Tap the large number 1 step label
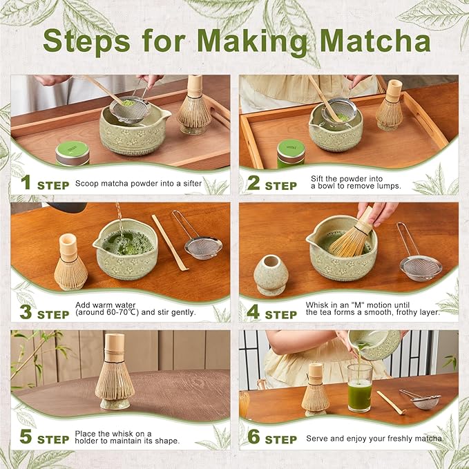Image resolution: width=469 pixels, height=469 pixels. click(26, 184)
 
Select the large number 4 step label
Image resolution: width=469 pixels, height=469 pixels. click(253, 312)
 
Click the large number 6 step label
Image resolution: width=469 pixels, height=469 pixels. click(253, 438)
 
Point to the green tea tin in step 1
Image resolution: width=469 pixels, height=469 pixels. click(72, 153)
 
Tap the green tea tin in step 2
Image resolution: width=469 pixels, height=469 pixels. click(291, 153)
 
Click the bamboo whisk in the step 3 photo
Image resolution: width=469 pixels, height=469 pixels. click(70, 263)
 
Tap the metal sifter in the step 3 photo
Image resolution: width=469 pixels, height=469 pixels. click(203, 245)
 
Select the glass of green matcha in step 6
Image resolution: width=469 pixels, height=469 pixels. click(359, 387)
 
